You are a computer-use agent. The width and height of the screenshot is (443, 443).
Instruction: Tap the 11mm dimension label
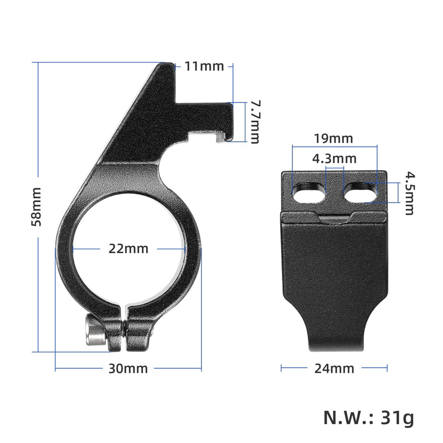click(204, 66)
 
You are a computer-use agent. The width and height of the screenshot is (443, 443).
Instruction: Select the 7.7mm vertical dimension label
click(254, 122)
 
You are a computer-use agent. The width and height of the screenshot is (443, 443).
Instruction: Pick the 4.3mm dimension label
click(334, 159)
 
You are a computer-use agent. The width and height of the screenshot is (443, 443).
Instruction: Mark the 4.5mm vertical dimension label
click(409, 193)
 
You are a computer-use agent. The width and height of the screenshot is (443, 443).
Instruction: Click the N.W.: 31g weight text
click(368, 418)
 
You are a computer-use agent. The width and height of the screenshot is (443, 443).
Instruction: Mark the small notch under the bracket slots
click(334, 219)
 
